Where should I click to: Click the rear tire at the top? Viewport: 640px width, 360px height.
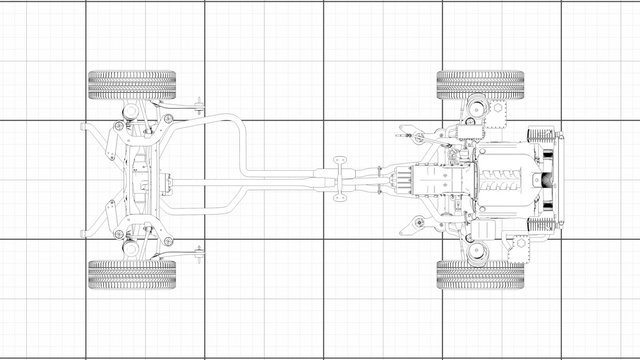tap(132, 84)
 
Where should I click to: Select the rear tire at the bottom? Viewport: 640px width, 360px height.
tap(132, 275)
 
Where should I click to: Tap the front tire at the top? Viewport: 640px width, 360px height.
tap(480, 84)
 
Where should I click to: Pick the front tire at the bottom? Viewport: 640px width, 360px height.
tap(480, 275)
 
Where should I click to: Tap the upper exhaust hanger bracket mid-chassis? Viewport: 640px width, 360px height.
tap(338, 160)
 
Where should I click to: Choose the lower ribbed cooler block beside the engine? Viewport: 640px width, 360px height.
tap(540, 223)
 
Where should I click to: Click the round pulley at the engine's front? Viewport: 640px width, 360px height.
tap(547, 180)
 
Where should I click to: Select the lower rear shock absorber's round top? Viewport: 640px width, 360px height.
tap(130, 250)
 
